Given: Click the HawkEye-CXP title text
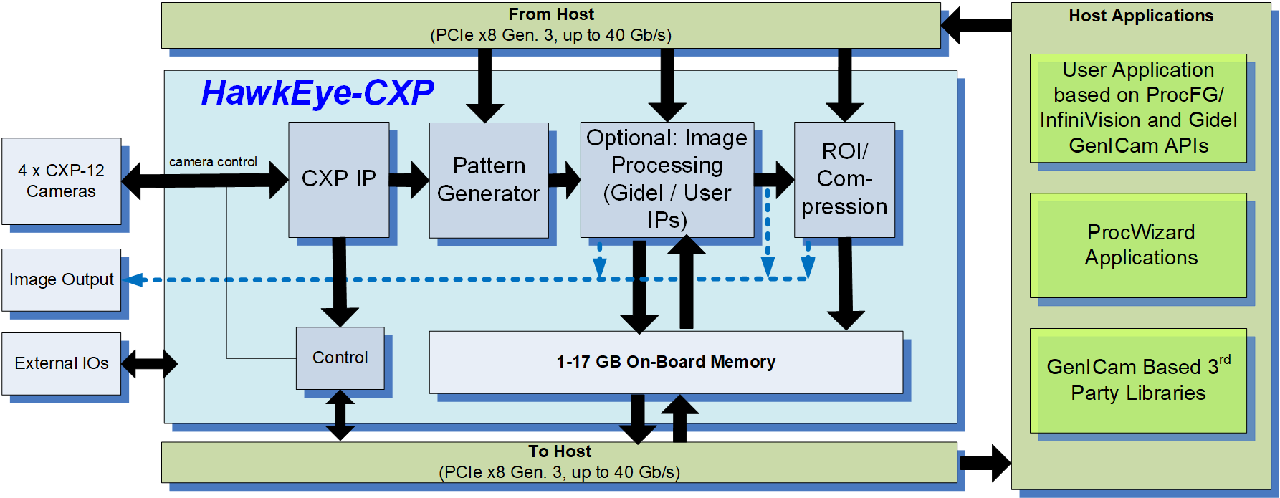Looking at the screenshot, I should click(317, 93).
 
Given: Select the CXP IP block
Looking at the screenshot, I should click(338, 179).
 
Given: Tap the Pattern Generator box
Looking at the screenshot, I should click(489, 180).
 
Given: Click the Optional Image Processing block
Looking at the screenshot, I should click(667, 179).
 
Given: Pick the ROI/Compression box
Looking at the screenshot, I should click(844, 179).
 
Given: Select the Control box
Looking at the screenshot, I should click(340, 358).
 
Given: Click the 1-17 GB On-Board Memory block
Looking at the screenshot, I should click(665, 362).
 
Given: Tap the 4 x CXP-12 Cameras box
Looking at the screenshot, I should click(61, 181).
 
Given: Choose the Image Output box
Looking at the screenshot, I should click(61, 279).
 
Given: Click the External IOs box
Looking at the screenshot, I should click(61, 363).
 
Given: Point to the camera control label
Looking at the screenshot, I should click(213, 162).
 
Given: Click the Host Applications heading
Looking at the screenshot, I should click(1141, 16).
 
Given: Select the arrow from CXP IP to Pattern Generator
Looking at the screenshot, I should click(409, 180).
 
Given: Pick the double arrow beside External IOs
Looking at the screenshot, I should click(149, 363).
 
